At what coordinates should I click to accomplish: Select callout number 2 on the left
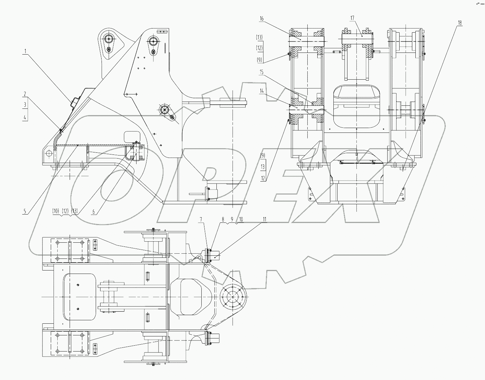click(x=25, y=94)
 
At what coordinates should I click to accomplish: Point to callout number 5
click(x=25, y=212)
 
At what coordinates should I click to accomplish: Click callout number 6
click(x=93, y=212)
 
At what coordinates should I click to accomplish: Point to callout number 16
click(x=262, y=19)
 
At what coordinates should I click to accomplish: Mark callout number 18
click(x=460, y=23)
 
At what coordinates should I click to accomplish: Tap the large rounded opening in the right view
click(x=357, y=107)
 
